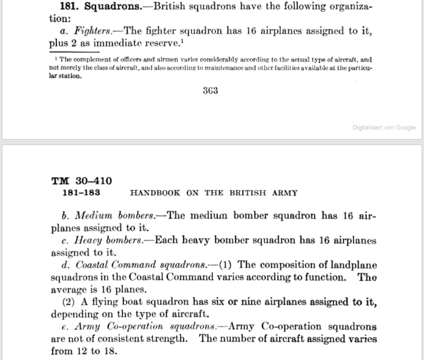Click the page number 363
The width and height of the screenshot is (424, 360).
pyautogui.click(x=210, y=92)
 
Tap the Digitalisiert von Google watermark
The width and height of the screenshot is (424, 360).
pyautogui.click(x=384, y=127)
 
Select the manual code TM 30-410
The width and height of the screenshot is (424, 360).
pyautogui.click(x=81, y=181)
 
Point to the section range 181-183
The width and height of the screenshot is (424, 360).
pyautogui.click(x=81, y=192)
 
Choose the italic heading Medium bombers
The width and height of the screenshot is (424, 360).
pyautogui.click(x=113, y=215)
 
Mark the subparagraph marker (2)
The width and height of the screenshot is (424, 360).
pyautogui.click(x=71, y=302)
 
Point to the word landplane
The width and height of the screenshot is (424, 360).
pyautogui.click(x=349, y=265)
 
